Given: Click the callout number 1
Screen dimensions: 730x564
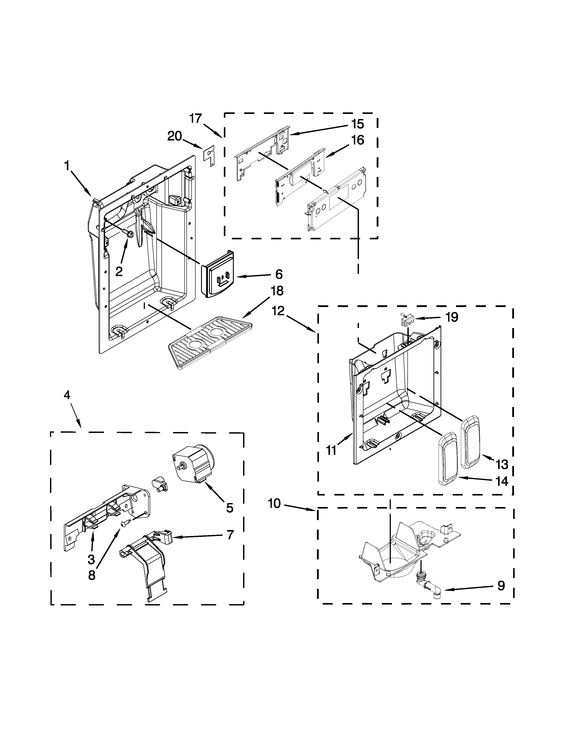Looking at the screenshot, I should tap(67, 166).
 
